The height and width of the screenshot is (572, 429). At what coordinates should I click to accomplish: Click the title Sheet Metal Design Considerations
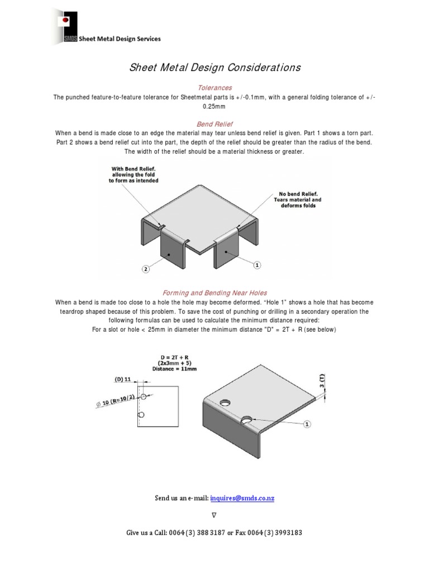pos(214,68)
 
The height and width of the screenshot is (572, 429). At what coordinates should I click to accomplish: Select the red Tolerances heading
pos(214,88)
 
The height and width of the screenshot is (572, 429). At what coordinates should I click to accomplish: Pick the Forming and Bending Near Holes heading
pos(214,292)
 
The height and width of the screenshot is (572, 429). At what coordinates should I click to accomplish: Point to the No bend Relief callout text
pos(297,199)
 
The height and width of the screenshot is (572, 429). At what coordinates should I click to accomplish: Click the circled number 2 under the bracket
pos(145,269)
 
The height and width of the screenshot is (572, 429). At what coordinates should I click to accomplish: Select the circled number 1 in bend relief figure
pos(257,265)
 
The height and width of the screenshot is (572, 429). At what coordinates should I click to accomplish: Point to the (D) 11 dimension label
pos(123,379)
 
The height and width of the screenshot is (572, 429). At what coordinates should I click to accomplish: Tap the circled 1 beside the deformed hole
pos(307,425)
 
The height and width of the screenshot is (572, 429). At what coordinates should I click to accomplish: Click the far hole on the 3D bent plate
pos(225,402)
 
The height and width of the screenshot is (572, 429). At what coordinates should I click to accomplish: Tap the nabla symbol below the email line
pos(214,514)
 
